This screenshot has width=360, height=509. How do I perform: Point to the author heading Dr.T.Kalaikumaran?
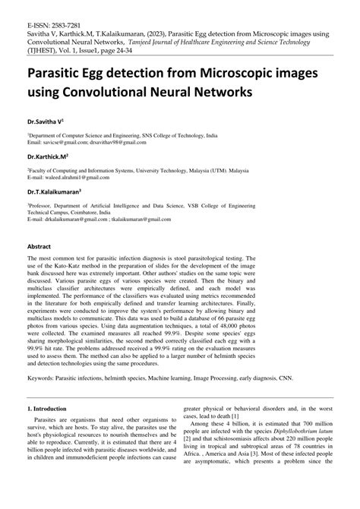click(55, 192)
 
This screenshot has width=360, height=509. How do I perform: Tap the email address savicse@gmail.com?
click(76, 142)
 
